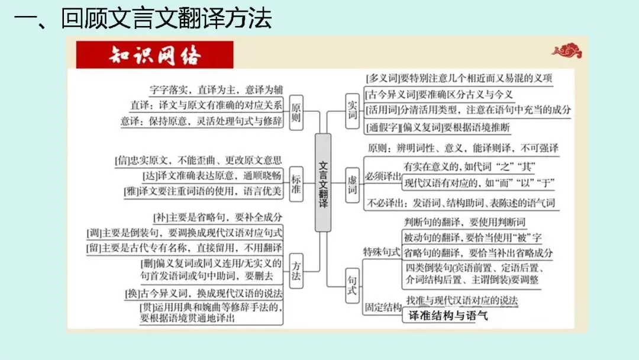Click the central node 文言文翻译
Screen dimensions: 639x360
[322, 183]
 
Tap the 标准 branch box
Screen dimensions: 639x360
[296, 182]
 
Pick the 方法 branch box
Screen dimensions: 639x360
[296, 272]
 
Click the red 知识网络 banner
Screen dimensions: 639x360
[155, 55]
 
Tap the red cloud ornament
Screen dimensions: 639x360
[566, 52]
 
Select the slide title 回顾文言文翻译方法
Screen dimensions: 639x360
[166, 19]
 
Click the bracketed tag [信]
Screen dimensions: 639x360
[122, 160]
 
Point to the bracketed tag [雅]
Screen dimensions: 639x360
[131, 192]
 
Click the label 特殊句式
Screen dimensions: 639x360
[382, 252]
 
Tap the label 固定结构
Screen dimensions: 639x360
[382, 308]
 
